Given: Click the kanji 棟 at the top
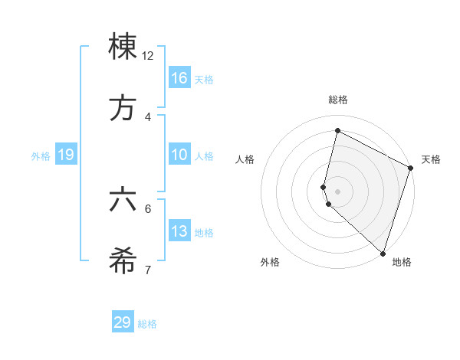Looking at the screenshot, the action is pos(123,47).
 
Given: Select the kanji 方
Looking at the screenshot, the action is pos(123,108).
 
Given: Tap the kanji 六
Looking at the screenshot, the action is pos(123,200).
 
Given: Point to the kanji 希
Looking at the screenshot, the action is pos(123,261).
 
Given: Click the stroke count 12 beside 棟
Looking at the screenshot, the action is pos(148,56).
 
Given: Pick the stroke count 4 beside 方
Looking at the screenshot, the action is pos(148,116).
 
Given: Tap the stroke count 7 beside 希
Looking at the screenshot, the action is pos(148,270).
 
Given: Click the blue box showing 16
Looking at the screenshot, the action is pos(179,77).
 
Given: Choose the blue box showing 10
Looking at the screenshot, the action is pos(179,155).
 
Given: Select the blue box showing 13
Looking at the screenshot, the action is pos(179,231).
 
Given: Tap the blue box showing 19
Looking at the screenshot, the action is pos(66,155).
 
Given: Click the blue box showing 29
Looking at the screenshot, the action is pos(123,322).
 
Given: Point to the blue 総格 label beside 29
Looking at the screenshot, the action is pos(147,324).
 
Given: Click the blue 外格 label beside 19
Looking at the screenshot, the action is pos(41,156).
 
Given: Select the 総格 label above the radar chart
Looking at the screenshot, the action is pos(337,100).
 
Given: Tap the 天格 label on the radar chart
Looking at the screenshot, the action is pos(431,159).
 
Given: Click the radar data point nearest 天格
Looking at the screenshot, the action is pos(410,169).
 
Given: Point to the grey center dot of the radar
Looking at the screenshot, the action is pos(337,191).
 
